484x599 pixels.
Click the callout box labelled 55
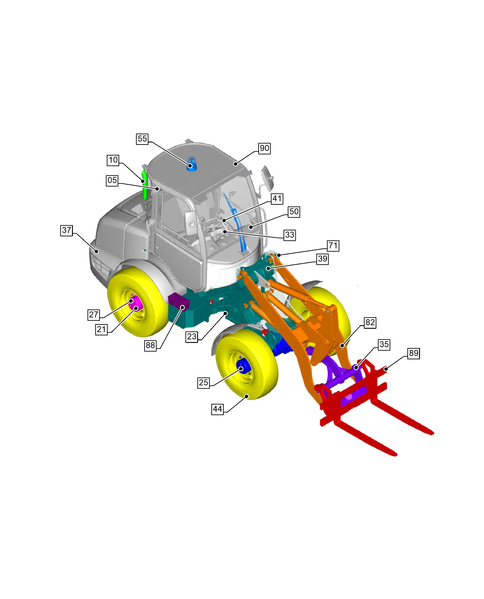tap(142, 139)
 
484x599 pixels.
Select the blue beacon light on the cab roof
tap(192, 165)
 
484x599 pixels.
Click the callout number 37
tap(66, 230)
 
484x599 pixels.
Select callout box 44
tap(218, 409)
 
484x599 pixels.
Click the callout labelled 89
tap(414, 353)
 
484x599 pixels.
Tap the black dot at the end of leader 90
tap(236, 164)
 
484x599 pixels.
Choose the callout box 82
tap(370, 322)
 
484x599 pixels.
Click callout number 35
tap(384, 344)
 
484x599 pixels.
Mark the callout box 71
tap(333, 246)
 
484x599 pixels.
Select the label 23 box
tap(192, 336)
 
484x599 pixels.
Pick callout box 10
tap(113, 160)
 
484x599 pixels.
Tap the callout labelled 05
tap(112, 180)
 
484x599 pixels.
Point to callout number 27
tap(94, 315)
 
